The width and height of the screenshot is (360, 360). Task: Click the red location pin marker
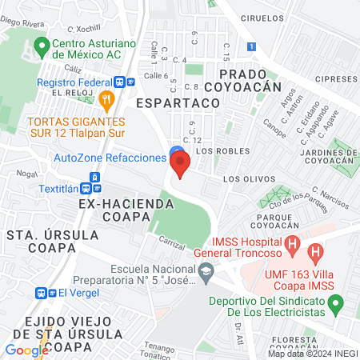(x=181, y=166)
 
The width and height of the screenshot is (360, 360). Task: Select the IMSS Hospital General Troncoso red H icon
(x=293, y=244)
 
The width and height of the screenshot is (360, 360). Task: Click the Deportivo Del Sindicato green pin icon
(x=337, y=302)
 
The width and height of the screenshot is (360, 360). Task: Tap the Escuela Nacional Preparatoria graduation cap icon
(x=206, y=274)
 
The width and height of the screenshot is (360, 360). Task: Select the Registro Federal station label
(x=76, y=81)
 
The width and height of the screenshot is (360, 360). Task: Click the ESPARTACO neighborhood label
(x=166, y=103)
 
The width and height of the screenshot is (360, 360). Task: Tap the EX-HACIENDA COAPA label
(x=114, y=210)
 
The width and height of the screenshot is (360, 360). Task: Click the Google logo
(x=27, y=350)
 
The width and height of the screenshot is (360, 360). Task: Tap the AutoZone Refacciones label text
(x=110, y=158)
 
